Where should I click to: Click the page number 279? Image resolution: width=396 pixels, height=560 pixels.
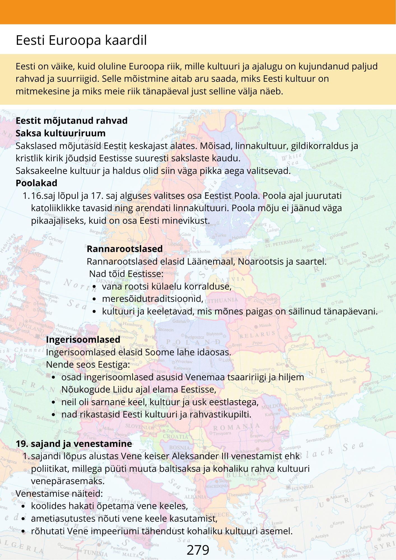click(x=198, y=550)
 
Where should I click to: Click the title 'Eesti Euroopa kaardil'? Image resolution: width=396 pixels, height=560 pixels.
click(x=81, y=40)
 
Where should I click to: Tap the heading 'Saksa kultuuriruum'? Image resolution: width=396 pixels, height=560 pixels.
click(x=60, y=133)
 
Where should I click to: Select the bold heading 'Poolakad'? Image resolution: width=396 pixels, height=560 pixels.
click(x=36, y=183)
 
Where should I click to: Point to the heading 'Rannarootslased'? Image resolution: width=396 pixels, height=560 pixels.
click(x=125, y=249)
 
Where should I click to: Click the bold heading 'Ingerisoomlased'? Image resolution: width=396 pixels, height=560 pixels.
click(x=83, y=339)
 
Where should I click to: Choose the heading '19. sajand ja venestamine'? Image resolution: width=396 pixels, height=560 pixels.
click(x=74, y=444)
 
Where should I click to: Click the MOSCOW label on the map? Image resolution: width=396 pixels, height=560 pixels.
click(x=330, y=278)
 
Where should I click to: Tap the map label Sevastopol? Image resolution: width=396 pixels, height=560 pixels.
click(x=315, y=440)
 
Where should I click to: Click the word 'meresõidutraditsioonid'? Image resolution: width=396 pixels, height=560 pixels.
click(x=152, y=299)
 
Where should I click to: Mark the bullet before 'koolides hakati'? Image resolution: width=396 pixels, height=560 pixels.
click(x=23, y=506)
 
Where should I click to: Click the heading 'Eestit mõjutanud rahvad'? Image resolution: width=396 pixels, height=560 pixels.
click(x=71, y=121)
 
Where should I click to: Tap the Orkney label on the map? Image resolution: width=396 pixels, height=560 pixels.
click(x=56, y=240)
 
